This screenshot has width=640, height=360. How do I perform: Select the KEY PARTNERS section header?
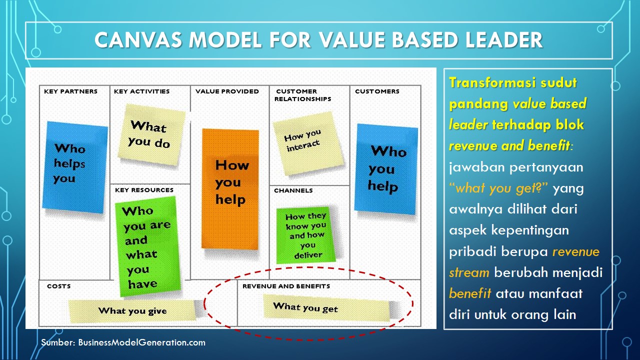click(70, 91)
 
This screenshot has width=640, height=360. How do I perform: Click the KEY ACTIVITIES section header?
click(141, 91)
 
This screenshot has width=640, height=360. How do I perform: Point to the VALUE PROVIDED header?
click(227, 91)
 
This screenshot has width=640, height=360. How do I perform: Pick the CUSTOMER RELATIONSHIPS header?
click(303, 95)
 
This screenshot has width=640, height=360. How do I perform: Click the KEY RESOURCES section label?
click(144, 190)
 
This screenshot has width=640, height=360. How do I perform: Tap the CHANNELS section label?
click(293, 190)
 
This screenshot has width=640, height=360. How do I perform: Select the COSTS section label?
click(58, 286)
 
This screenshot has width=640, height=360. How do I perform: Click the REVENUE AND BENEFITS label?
click(286, 286)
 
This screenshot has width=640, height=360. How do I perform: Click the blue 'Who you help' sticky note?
click(385, 169)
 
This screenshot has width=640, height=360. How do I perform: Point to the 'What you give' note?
click(132, 311)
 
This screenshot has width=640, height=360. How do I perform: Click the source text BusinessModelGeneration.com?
click(141, 342)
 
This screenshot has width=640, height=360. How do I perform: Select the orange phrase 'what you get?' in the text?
click(499, 188)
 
